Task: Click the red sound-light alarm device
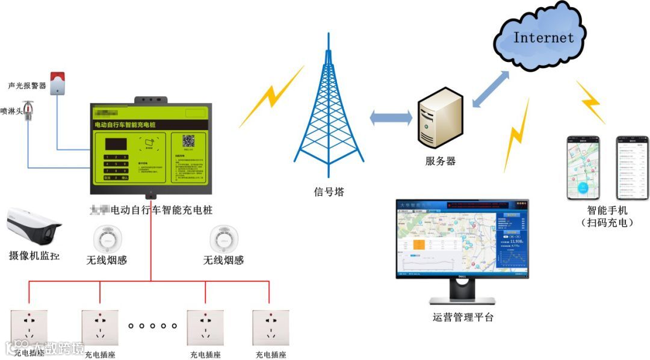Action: (x=57, y=83)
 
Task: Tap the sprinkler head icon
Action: (x=28, y=113)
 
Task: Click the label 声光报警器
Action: (x=27, y=85)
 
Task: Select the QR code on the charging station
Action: (x=189, y=141)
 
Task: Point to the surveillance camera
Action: (x=34, y=225)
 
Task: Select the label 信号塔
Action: (x=329, y=192)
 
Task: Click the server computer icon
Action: (x=441, y=117)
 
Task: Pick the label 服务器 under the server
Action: (x=441, y=161)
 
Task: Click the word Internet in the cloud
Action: (x=543, y=37)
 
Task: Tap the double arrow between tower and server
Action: (x=390, y=117)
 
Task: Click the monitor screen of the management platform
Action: (x=462, y=239)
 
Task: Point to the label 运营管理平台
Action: (x=463, y=317)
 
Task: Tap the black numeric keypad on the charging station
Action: (x=116, y=167)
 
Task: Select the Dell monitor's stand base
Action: (x=462, y=300)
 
